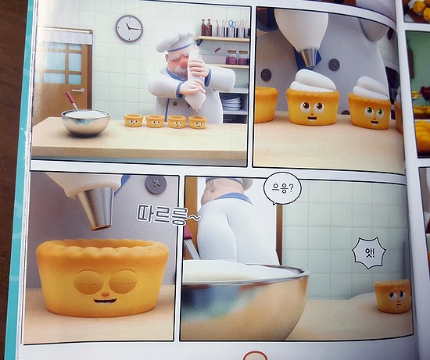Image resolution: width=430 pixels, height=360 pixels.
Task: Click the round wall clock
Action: (x=129, y=28)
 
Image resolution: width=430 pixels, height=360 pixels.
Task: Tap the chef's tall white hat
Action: (x=175, y=42)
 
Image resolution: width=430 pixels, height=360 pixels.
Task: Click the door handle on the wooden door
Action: (x=79, y=90)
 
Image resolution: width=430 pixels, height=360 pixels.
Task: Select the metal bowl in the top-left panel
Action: (x=85, y=123)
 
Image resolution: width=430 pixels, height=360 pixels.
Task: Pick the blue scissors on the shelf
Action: (x=232, y=24)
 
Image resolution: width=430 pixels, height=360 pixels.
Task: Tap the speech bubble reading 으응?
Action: (x=282, y=189)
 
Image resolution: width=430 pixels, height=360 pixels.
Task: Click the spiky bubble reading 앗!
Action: (x=369, y=253)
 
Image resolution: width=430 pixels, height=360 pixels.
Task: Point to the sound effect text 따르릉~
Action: (x=168, y=214)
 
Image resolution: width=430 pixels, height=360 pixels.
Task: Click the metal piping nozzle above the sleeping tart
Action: (x=96, y=209)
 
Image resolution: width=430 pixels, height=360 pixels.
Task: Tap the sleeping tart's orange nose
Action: (x=106, y=294)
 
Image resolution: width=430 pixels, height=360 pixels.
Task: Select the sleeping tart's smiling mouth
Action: (x=106, y=301)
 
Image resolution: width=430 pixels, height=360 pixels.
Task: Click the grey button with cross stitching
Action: (x=156, y=185)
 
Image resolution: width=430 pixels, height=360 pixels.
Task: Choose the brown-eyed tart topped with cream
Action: (x=313, y=98)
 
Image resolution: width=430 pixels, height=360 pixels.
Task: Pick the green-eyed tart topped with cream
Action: (x=370, y=103)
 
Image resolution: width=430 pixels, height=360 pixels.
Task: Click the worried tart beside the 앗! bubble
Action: (x=392, y=297)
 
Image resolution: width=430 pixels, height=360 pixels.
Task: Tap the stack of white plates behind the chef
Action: (x=231, y=104)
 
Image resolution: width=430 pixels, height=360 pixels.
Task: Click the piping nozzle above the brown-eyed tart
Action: (x=310, y=58)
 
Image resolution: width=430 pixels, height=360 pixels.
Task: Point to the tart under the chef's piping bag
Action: (x=198, y=122)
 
